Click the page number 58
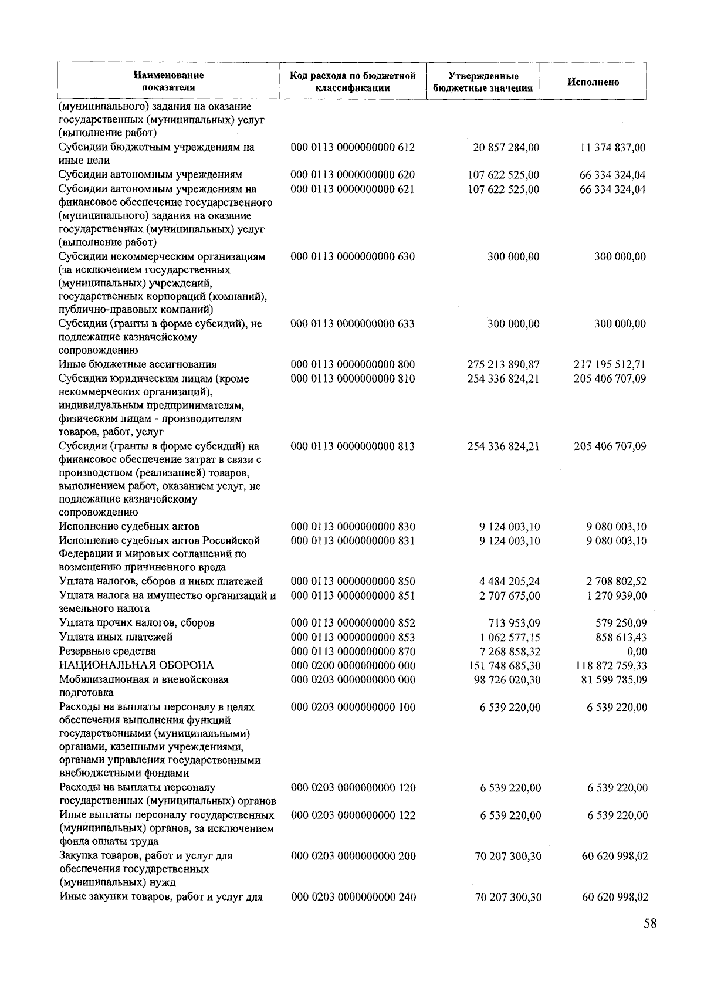click(649, 923)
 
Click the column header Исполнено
click(593, 82)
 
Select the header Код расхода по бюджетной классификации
click(353, 82)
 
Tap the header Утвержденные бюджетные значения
click(483, 82)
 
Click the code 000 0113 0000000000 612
click(353, 147)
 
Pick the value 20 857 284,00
click(506, 147)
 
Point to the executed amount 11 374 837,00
click(612, 147)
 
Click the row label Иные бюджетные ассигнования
click(138, 364)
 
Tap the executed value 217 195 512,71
click(610, 364)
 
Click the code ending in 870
click(353, 651)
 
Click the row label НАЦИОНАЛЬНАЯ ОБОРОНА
click(136, 665)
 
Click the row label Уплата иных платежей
click(116, 637)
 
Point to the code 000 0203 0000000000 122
click(353, 815)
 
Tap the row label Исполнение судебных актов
click(129, 526)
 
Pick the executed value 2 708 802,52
click(615, 581)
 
